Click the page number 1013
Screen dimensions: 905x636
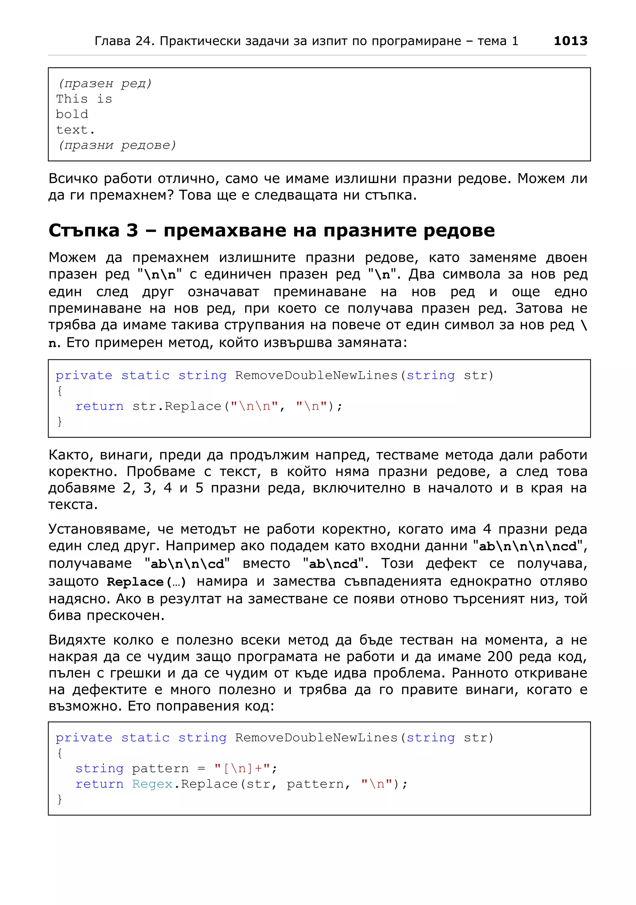point(570,41)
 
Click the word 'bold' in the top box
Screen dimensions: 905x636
point(72,114)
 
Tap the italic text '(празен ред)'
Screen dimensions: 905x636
point(105,84)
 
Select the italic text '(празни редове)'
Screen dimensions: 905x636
point(117,145)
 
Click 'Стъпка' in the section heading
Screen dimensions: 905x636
point(84,230)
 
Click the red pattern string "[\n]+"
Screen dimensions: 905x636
point(242,768)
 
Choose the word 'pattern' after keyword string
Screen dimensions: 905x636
point(160,769)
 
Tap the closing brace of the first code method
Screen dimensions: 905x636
point(60,421)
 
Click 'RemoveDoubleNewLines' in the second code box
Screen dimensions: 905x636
point(316,738)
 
